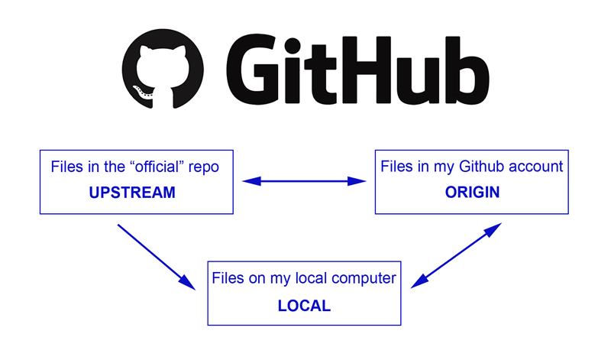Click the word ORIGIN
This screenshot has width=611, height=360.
(x=472, y=193)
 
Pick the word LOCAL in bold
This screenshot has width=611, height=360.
(x=304, y=306)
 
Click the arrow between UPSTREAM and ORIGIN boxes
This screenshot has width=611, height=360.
(x=305, y=181)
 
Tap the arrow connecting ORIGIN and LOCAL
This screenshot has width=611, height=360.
(x=457, y=256)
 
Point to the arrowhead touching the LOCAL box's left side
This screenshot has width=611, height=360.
(x=187, y=283)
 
